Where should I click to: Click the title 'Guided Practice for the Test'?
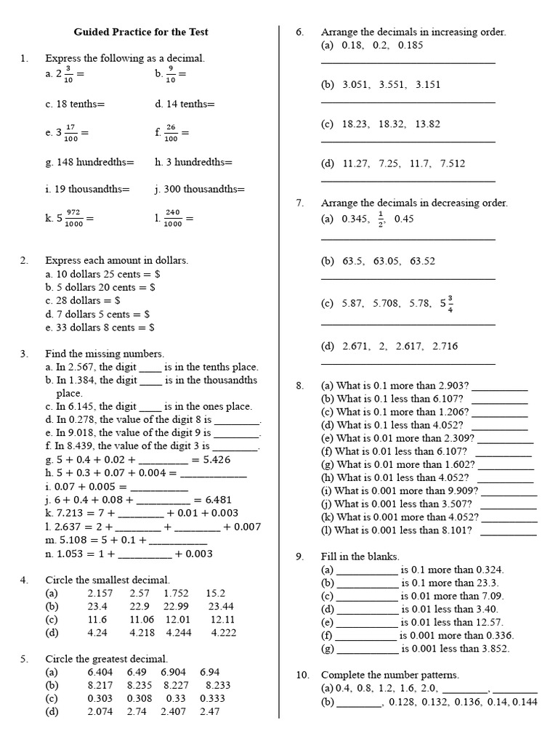pyautogui.click(x=141, y=32)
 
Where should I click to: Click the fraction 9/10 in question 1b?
pyautogui.click(x=171, y=74)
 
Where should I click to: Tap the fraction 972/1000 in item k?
pyautogui.click(x=74, y=218)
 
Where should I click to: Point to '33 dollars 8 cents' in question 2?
pyautogui.click(x=92, y=328)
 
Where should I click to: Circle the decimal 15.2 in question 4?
pyautogui.click(x=216, y=594)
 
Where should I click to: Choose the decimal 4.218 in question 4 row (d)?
pyautogui.click(x=142, y=633)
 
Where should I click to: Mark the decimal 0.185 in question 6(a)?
pyautogui.click(x=411, y=45)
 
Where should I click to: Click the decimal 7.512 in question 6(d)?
pyautogui.click(x=453, y=164)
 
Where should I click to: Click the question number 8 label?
pyautogui.click(x=300, y=386)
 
